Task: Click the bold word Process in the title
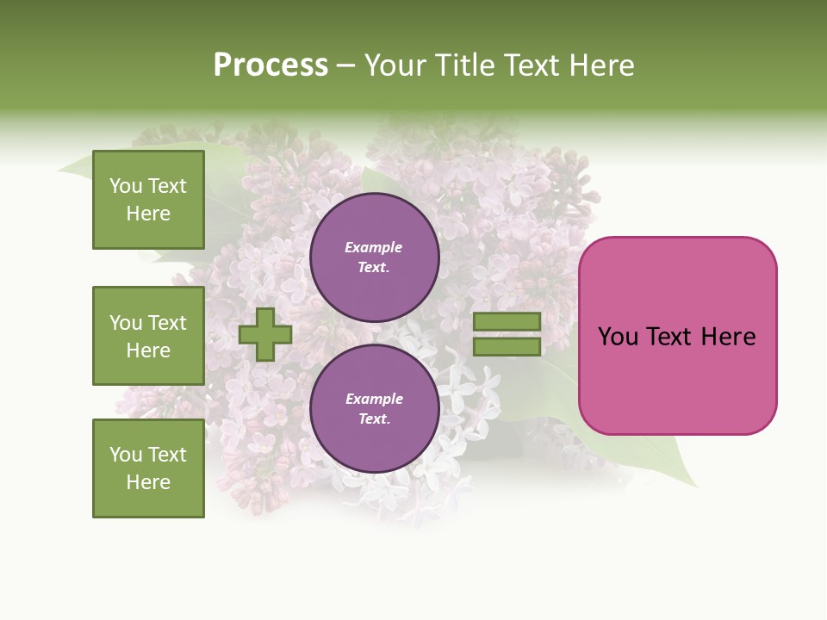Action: [x=270, y=65]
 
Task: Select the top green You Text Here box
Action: [x=148, y=200]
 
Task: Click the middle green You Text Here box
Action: [x=148, y=336]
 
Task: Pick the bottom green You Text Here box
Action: [x=148, y=468]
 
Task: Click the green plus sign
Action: [x=265, y=334]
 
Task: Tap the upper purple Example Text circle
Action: [x=374, y=257]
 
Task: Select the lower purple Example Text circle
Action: [x=374, y=409]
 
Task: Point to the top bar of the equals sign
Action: [x=507, y=321]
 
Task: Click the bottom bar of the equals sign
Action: [x=507, y=347]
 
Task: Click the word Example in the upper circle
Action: [x=374, y=247]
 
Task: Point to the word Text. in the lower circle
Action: [x=374, y=419]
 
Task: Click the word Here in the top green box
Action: [x=148, y=214]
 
